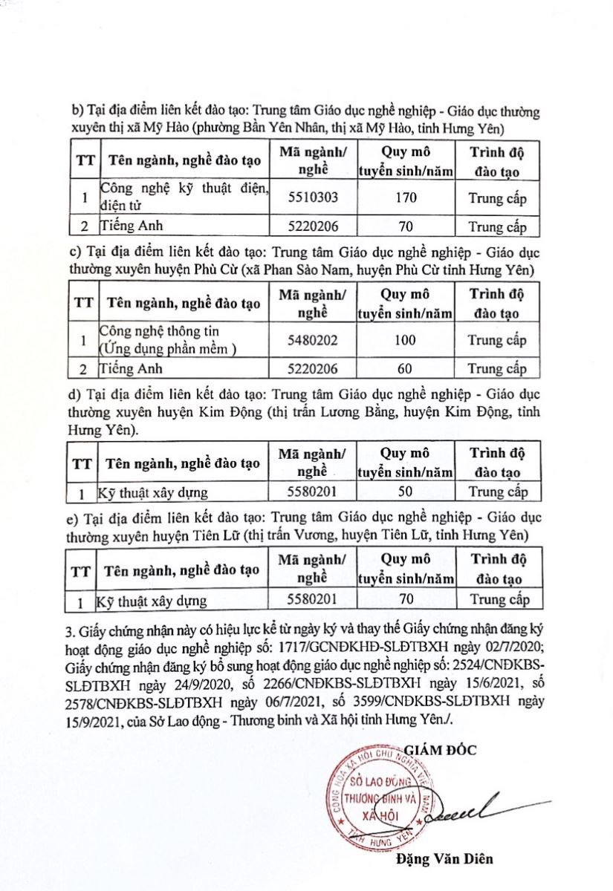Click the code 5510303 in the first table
[312, 198]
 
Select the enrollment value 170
[406, 198]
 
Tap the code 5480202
[312, 340]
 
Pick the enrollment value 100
[406, 340]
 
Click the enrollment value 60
[406, 368]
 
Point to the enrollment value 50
[406, 491]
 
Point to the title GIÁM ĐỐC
[441, 749]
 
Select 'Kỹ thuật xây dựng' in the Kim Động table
[153, 492]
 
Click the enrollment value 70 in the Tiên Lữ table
[406, 599]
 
